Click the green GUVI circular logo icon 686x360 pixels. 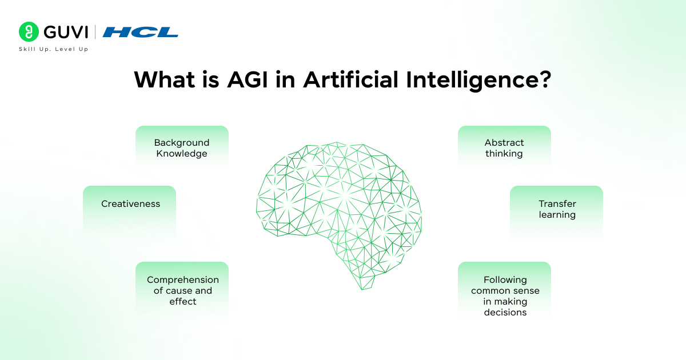click(x=29, y=31)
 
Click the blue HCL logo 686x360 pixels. click(x=141, y=32)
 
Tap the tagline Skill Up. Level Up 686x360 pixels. click(x=54, y=50)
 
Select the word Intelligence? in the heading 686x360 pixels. click(x=479, y=79)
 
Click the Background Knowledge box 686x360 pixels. click(x=182, y=148)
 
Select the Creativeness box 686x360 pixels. click(x=130, y=204)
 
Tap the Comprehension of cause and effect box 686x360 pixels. click(x=182, y=290)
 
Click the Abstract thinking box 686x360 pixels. click(x=504, y=148)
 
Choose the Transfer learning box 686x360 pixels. click(x=556, y=209)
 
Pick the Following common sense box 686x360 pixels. click(x=505, y=295)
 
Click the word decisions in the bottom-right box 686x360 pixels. click(x=505, y=313)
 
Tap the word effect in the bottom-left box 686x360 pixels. click(x=183, y=302)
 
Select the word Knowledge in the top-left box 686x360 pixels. click(x=182, y=154)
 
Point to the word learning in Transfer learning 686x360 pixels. click(x=557, y=215)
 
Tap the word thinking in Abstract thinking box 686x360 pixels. click(x=504, y=154)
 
